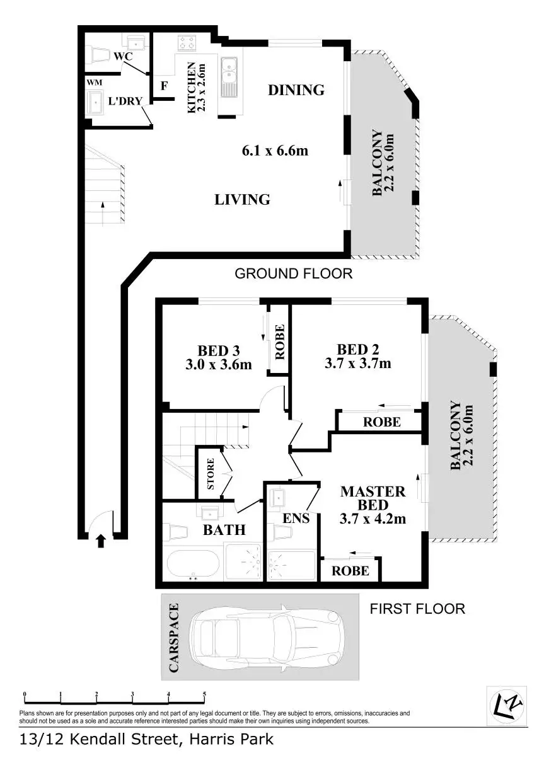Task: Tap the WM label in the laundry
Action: tap(94, 82)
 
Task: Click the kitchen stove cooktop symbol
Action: tap(187, 42)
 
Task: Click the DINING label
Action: tap(296, 90)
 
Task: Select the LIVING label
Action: tap(242, 200)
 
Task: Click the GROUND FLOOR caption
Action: tap(293, 274)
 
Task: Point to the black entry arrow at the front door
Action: tap(100, 541)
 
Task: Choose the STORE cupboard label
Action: tap(211, 474)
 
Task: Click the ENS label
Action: tap(296, 519)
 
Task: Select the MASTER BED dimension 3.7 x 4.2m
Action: tap(373, 519)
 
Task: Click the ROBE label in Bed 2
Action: tap(381, 422)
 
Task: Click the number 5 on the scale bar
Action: tap(204, 695)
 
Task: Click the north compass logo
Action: tap(507, 706)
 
